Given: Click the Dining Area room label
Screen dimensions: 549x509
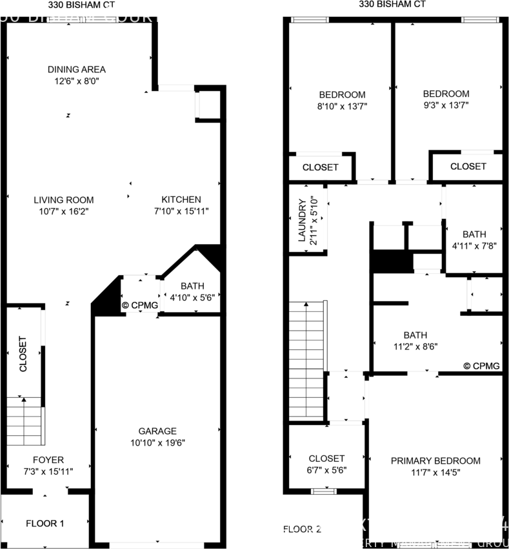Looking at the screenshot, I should click(x=76, y=69).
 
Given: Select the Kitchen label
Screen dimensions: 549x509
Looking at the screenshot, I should click(x=181, y=200).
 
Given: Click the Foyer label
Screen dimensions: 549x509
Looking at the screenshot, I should click(x=48, y=460).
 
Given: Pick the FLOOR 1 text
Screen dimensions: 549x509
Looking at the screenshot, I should click(x=45, y=523).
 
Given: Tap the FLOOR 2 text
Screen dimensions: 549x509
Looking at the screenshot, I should click(x=302, y=530).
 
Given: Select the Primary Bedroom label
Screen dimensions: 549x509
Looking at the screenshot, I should click(x=435, y=461).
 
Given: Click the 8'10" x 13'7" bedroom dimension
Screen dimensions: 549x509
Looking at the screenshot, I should click(x=342, y=105).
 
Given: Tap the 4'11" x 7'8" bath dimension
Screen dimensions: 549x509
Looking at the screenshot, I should click(x=474, y=245).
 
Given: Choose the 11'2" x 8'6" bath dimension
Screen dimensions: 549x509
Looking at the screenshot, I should click(x=415, y=346).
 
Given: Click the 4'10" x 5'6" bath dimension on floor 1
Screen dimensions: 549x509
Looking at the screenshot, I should click(x=192, y=297).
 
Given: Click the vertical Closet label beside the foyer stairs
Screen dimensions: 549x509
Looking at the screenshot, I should click(x=23, y=354).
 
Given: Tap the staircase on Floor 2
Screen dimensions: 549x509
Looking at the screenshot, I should click(x=306, y=346).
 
